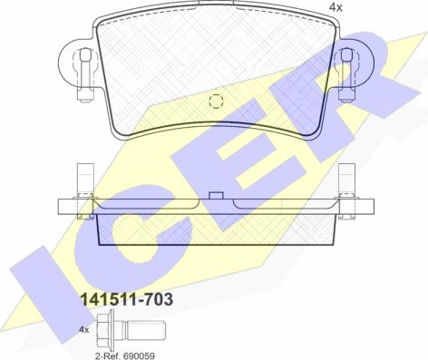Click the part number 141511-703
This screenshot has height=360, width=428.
[x=126, y=299]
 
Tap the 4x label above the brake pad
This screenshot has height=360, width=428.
[x=336, y=7]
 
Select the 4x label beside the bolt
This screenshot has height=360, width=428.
[x=84, y=329]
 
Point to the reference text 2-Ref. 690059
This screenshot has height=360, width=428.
[x=125, y=355]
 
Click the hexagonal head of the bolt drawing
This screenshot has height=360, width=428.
[x=105, y=330]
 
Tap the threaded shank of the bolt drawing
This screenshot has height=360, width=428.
[x=146, y=330]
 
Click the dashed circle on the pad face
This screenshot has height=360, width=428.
[x=216, y=102]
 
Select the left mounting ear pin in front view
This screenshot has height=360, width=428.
[x=85, y=73]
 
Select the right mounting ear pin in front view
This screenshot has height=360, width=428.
[x=346, y=73]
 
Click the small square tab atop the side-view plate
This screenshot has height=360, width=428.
[x=216, y=196]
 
